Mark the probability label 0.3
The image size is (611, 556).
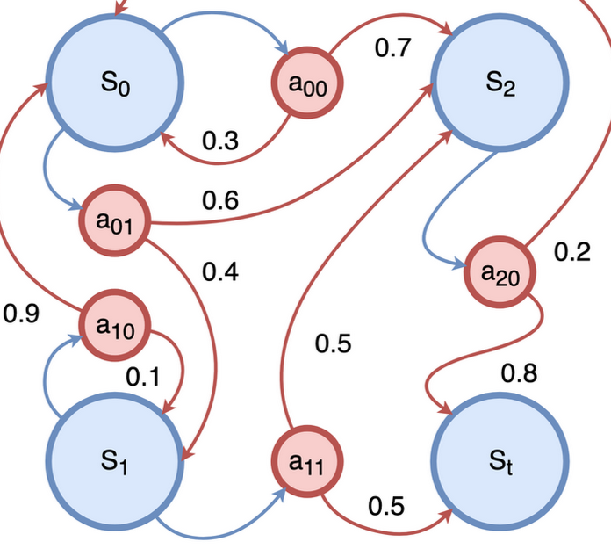[219, 141]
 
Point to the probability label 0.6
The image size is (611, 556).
[219, 201]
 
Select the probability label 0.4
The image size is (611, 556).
[219, 272]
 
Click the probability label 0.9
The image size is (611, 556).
[21, 313]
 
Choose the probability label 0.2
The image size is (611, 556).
[572, 252]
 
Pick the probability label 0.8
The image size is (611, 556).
[519, 374]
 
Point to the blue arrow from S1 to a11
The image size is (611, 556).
[219, 527]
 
